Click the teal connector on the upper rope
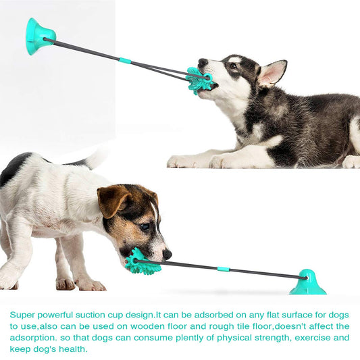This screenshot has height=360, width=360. [x=125, y=61]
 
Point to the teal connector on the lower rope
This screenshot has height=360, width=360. [x=223, y=269]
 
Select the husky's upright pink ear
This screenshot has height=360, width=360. [x=272, y=72]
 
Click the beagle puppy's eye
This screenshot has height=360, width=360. [x=145, y=226]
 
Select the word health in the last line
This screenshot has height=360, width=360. [x=70, y=348]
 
